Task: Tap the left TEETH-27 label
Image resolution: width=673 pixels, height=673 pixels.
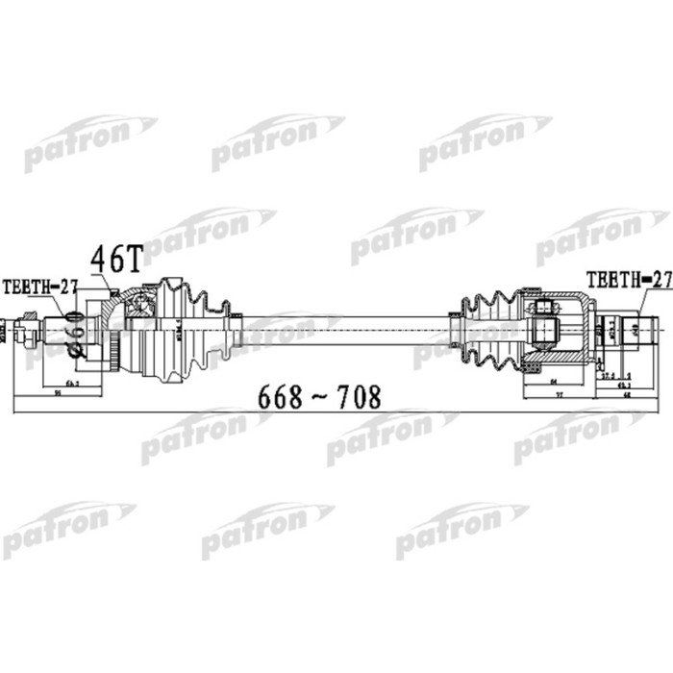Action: pyautogui.click(x=38, y=286)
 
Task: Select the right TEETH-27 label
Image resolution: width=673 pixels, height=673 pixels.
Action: pyautogui.click(x=628, y=279)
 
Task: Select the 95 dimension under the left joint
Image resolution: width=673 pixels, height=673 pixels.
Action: pyautogui.click(x=60, y=393)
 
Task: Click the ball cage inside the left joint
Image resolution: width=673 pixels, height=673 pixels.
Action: pyautogui.click(x=142, y=306)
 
